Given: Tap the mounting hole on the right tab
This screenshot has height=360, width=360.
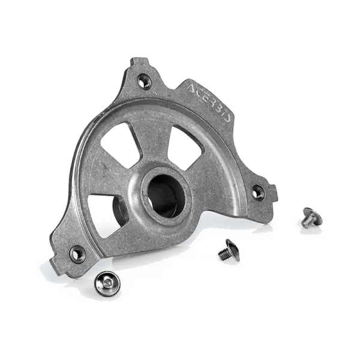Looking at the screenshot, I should [x=257, y=193].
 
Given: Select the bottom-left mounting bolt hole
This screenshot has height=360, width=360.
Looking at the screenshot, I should [x=77, y=254].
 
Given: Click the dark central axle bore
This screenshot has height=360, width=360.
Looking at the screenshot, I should [x=163, y=196].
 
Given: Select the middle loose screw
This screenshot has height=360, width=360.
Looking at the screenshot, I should [x=229, y=250].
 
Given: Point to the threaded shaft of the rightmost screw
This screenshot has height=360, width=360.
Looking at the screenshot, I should [x=307, y=224].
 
